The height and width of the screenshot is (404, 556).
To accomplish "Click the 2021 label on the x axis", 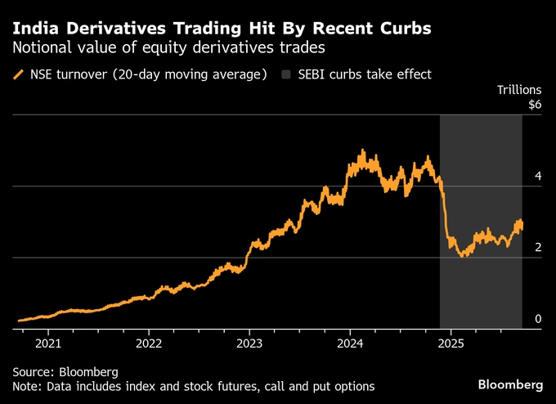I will tap(48, 344).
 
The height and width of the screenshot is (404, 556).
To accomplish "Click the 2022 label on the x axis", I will tap(150, 344).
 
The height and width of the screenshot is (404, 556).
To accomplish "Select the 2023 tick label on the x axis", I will tap(249, 344).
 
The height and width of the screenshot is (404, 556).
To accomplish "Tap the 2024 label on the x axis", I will tap(350, 344).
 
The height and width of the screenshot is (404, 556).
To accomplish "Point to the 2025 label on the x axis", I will tap(451, 344).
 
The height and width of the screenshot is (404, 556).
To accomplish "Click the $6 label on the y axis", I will tap(535, 105).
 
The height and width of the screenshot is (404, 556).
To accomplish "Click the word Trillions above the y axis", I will tap(520, 89).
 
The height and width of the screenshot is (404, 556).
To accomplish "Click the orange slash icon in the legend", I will tap(18, 74).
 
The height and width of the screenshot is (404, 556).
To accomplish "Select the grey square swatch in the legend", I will tap(285, 74).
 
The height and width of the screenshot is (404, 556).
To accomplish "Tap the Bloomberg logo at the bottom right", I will tap(510, 384).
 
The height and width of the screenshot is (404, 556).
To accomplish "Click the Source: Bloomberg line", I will tap(65, 371).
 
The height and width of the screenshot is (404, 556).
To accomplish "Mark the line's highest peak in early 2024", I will tap(362, 150).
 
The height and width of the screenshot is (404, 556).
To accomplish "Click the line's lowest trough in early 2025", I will tap(464, 256).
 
